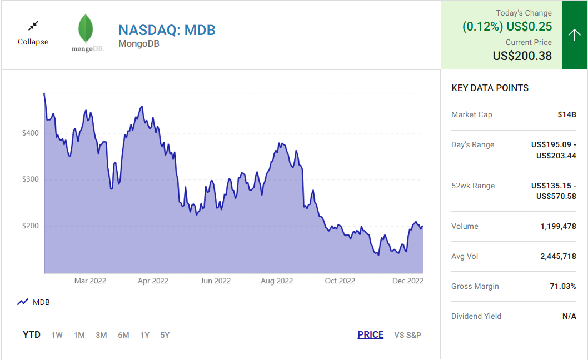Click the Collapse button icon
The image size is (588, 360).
click(33, 26)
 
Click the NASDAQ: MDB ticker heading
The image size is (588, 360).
click(167, 30)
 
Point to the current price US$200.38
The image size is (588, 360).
click(522, 56)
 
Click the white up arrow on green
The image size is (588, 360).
click(574, 35)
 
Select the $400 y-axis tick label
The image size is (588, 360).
click(30, 133)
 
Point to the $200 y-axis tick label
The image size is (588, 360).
click(30, 226)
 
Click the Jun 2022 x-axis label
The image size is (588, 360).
click(215, 281)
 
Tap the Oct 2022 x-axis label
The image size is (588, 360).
click(340, 281)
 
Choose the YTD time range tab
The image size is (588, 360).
click(32, 335)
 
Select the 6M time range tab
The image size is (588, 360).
click(123, 335)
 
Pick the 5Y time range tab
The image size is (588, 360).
click(165, 335)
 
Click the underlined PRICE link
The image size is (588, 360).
click(371, 335)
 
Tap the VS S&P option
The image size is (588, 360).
click(408, 335)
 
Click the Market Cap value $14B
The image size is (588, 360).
click(567, 115)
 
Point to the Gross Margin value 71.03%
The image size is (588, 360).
click(562, 287)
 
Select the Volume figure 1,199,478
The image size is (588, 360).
click(558, 227)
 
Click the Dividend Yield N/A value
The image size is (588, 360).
click(569, 317)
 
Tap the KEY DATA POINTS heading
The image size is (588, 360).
click(490, 88)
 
